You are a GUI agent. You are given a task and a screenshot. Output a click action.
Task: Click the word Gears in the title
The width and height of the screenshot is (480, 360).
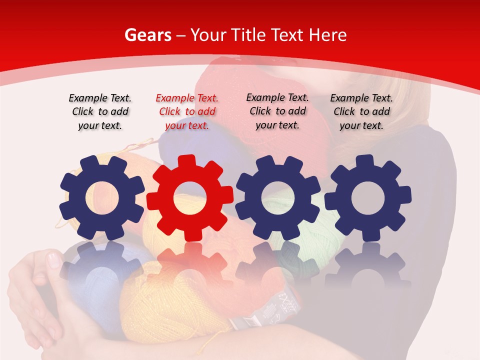tap(148, 35)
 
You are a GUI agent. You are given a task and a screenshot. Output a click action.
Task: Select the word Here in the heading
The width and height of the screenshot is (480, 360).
tap(327, 35)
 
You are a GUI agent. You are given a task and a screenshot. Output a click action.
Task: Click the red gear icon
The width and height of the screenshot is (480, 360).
tap(189, 198)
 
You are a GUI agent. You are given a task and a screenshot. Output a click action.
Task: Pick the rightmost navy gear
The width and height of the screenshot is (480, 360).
tap(368, 198)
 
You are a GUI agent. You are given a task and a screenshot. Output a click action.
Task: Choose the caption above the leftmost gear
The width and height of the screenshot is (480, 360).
tap(100, 111)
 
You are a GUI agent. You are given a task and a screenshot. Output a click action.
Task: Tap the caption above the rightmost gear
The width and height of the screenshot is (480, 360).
tap(361, 111)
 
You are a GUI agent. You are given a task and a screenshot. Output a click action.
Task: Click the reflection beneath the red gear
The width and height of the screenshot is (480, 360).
tap(189, 265)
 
